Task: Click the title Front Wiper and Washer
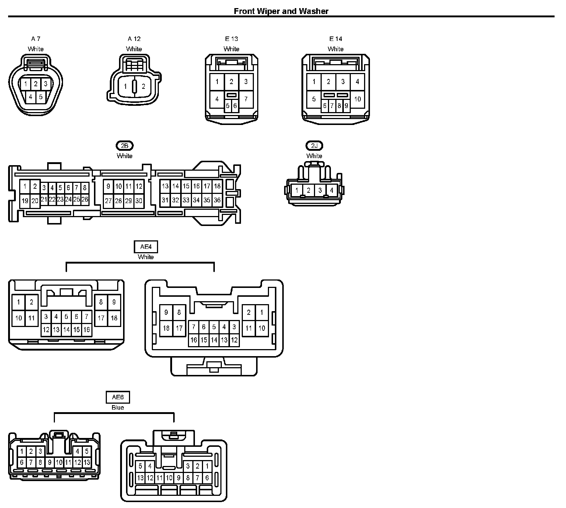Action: coord(281,11)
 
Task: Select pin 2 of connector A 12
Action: coord(143,87)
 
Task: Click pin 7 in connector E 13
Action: coord(246,99)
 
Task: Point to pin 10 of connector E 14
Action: coord(357,99)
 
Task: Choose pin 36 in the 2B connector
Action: coord(217,200)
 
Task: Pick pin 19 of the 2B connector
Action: coord(25,201)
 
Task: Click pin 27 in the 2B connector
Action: coord(108,201)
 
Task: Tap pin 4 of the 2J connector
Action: coord(331,191)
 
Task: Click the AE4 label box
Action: coord(146,247)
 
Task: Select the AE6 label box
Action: coord(118,397)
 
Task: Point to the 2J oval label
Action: coord(314,146)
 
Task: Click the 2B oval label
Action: coord(125,146)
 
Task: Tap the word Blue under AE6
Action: coord(118,407)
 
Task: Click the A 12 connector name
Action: coord(134,39)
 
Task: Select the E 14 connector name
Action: coord(336,39)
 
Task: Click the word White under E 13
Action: coord(231,49)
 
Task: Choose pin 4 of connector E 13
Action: coord(217,99)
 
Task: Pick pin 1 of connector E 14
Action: coord(314,81)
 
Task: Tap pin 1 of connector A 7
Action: coord(25,84)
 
